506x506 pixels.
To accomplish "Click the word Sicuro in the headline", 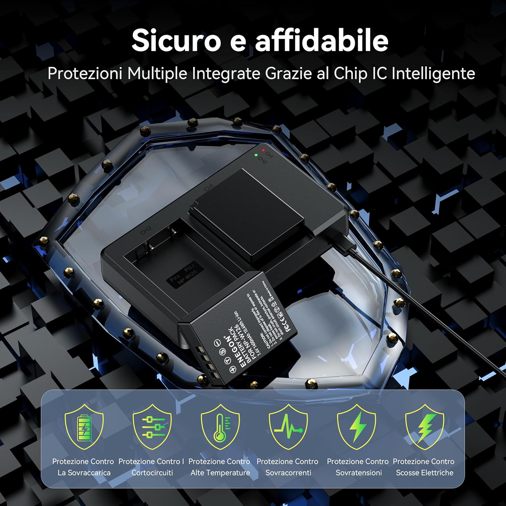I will (176, 41).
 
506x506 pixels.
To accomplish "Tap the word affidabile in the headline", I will (321, 41).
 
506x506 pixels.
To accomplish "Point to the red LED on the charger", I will (263, 150).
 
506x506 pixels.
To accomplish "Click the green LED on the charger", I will (256, 155).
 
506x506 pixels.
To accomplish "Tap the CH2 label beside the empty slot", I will (146, 230).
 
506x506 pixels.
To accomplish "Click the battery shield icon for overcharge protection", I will (84, 427).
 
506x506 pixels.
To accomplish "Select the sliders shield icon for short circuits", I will (152, 427).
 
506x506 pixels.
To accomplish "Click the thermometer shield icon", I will (220, 427).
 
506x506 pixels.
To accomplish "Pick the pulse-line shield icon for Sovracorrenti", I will (288, 427).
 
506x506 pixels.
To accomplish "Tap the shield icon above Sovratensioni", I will (356, 427).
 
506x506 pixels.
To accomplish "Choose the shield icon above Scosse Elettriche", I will (424, 427).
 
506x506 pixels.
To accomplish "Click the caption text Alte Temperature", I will (220, 473).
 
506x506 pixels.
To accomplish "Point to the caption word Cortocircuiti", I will (152, 473).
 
